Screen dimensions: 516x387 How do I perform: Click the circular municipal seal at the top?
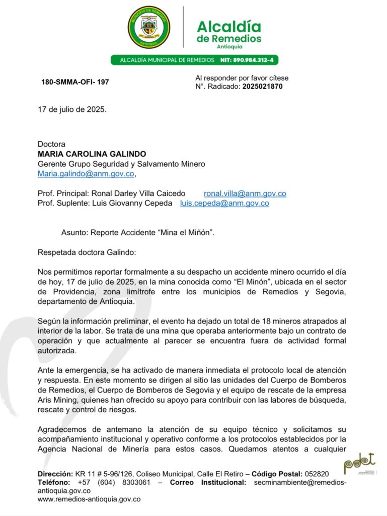149,27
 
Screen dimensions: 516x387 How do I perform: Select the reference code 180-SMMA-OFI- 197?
75,82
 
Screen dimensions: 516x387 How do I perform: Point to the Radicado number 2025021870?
262,86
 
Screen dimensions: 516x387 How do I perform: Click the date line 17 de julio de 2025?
72,109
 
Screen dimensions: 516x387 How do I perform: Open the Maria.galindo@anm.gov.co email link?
86,174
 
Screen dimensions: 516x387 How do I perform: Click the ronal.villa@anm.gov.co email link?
245,193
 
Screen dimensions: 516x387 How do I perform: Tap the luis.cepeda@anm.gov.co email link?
224,204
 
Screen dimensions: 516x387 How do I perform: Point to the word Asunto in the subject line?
74,233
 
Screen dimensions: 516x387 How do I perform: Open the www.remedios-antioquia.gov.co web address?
89,499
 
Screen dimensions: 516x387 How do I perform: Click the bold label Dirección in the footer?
55,474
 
